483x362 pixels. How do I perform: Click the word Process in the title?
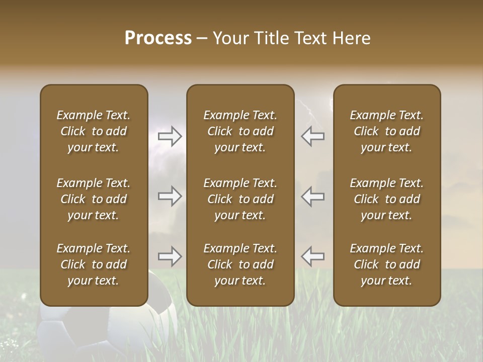(158, 38)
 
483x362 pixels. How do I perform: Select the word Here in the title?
(350, 38)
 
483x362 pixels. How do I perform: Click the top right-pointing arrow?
(170, 136)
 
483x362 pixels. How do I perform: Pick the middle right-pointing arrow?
(170, 196)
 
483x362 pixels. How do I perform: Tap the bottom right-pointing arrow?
(170, 256)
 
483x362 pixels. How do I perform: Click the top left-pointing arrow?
(312, 136)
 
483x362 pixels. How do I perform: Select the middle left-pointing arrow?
(312, 196)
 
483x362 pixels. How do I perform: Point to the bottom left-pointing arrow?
(312, 256)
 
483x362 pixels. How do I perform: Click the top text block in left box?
(94, 131)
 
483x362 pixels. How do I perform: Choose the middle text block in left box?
(94, 199)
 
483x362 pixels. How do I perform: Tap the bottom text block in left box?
(94, 264)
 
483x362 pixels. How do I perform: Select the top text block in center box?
(240, 131)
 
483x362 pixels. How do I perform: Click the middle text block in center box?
(240, 199)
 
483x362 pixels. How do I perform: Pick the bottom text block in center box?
(240, 264)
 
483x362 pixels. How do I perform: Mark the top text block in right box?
(386, 131)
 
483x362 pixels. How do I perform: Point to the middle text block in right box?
(386, 199)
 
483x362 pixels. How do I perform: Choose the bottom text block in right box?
(386, 264)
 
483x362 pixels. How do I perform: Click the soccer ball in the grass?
(108, 327)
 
